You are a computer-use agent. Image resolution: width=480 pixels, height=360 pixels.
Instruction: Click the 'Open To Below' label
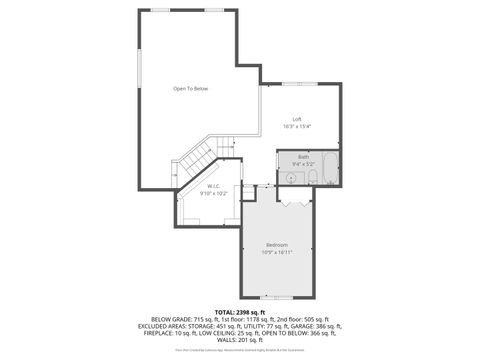[x=190, y=89]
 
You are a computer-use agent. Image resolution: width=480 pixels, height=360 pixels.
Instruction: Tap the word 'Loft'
[x=297, y=119]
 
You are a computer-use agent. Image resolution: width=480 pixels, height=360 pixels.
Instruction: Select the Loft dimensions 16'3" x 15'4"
[x=297, y=127]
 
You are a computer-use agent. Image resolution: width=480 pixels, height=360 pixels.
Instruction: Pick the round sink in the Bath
[x=291, y=178]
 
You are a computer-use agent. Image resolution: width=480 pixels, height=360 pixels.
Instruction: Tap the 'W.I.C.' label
[x=214, y=186]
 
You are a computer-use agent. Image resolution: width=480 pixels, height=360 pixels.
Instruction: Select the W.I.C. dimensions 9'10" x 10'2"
[x=214, y=193]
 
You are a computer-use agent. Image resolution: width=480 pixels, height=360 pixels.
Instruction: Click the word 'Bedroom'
[x=277, y=245]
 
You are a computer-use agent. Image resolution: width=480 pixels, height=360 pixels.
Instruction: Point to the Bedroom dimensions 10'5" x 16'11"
[x=277, y=253]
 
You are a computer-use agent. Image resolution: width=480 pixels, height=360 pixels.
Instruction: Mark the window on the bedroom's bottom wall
[x=277, y=297]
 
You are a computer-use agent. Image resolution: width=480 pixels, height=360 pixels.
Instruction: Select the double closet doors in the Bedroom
[x=291, y=203]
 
